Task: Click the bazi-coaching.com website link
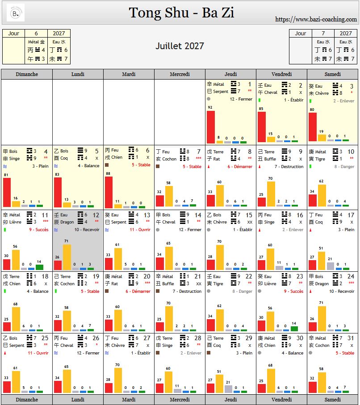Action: (x=316, y=19)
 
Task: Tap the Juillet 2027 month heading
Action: (x=180, y=46)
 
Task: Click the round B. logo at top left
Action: (x=16, y=13)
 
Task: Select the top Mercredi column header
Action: (x=180, y=74)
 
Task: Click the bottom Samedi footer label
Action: (x=332, y=399)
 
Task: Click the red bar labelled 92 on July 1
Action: (x=210, y=127)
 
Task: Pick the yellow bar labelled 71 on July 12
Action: (x=67, y=257)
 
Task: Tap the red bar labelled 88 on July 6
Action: (x=109, y=192)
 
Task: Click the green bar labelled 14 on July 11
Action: (x=39, y=267)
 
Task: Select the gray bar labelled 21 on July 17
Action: (x=330, y=266)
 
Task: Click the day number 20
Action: (x=147, y=277)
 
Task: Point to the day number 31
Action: (x=350, y=338)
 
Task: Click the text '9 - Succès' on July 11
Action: (x=39, y=230)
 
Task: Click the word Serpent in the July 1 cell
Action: (x=221, y=92)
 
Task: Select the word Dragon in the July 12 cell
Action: (x=67, y=222)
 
